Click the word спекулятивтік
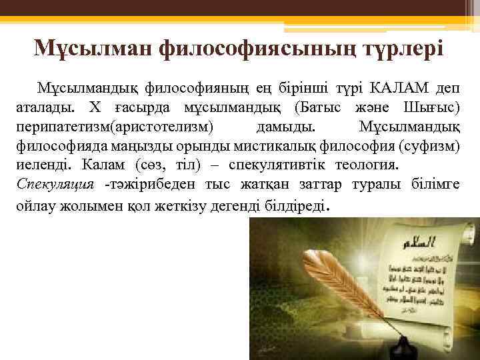pyautogui.click(x=272, y=164)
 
